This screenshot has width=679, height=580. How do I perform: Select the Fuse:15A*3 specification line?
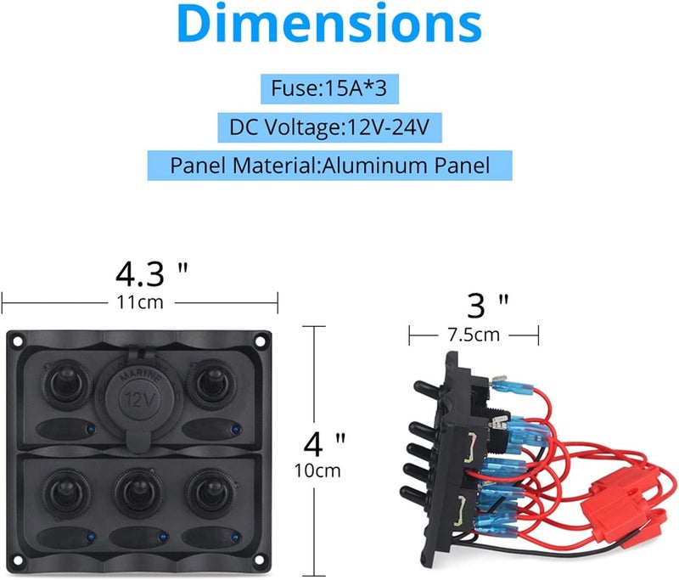[317, 89]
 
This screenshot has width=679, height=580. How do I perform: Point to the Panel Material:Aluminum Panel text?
[329, 165]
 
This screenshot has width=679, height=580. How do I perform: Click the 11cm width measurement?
[140, 302]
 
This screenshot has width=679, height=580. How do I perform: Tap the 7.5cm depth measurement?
[474, 335]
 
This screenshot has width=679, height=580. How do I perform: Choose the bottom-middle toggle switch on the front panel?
[136, 493]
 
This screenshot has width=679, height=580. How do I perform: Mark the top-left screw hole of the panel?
[14, 341]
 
